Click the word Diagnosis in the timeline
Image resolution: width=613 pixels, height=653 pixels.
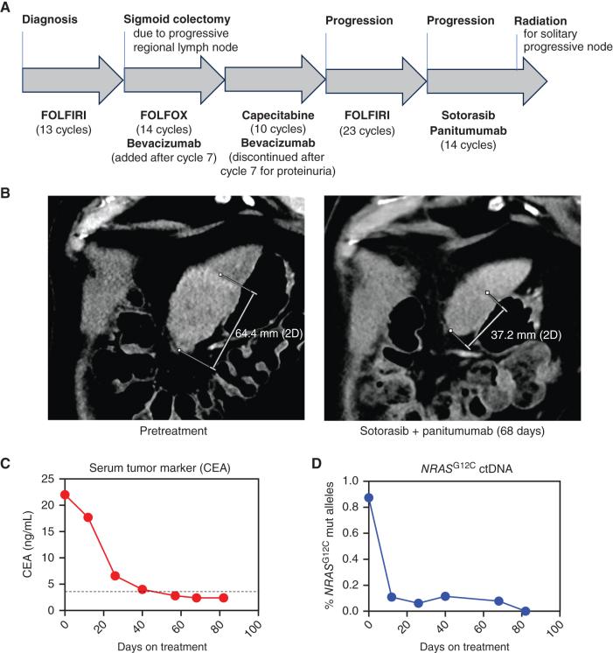tap(51, 19)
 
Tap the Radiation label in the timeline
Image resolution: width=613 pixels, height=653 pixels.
tap(541, 19)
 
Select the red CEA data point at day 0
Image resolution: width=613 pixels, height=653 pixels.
tap(65, 495)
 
